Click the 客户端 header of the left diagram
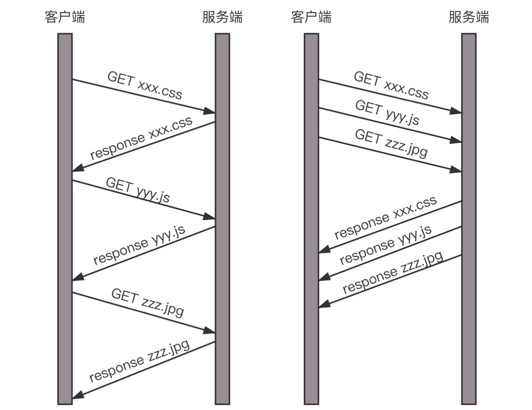click(65, 17)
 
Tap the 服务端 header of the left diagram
click(222, 17)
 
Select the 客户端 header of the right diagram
click(311, 17)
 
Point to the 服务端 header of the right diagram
click(469, 17)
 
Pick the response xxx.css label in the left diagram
click(141, 138)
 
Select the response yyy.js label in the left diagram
click(139, 244)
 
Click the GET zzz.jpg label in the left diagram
click(147, 302)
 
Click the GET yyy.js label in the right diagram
click(387, 112)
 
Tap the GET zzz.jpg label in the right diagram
click(391, 142)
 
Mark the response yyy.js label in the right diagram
click(385, 245)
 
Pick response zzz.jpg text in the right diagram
click(393, 272)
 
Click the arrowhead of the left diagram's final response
click(77, 396)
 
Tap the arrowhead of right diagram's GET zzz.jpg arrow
click(456, 170)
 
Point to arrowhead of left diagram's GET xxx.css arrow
click(209, 111)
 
